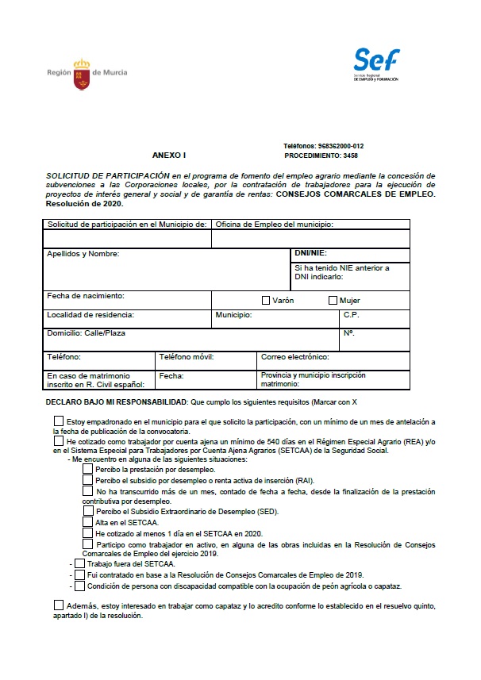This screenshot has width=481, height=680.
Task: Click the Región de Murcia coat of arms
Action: [x=82, y=73]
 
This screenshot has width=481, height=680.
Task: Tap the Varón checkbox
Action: [x=266, y=301]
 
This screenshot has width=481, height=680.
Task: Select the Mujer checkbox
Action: [x=333, y=301]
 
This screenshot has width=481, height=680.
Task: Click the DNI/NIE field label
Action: [x=311, y=253]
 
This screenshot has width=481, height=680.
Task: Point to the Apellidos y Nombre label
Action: [x=83, y=254]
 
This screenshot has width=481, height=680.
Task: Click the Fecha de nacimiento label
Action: [x=86, y=295]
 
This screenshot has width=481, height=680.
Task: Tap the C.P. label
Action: [x=352, y=315]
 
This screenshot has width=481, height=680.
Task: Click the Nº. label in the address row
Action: [x=348, y=333]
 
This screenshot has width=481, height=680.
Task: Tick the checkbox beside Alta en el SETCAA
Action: [x=87, y=521]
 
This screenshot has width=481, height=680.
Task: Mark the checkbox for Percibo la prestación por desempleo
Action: [x=87, y=469]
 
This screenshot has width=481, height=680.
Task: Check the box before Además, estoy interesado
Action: [x=59, y=605]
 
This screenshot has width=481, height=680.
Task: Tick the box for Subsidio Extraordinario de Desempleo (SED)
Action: [x=87, y=511]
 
